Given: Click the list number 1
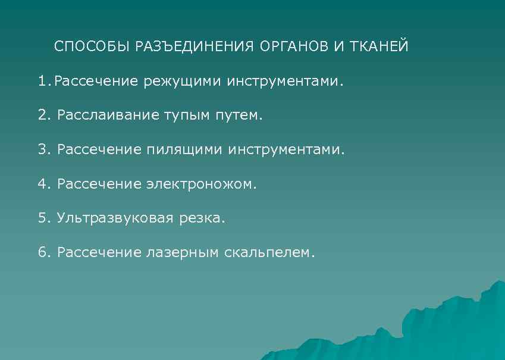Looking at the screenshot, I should tap(41, 80).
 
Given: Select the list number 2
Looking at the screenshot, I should tap(42, 115).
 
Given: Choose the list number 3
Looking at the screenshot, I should tap(42, 149).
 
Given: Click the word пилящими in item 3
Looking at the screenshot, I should tap(184, 149).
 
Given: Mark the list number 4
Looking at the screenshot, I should tap(42, 184).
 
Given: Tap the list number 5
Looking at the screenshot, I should tap(42, 218).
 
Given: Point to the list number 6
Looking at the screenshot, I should tap(42, 253).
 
